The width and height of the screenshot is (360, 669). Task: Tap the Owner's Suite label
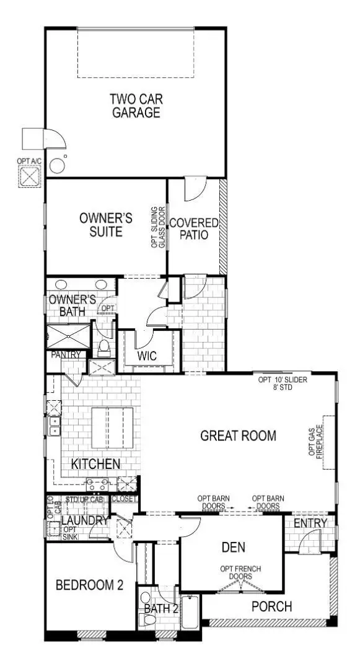[107, 225]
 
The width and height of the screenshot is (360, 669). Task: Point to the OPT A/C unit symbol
[29, 176]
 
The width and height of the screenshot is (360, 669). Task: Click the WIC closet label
[147, 356]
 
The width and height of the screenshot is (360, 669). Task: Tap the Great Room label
[239, 435]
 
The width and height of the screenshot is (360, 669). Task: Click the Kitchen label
[95, 464]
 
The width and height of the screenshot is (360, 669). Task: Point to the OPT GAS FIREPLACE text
[316, 441]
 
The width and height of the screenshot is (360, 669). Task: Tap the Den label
[233, 547]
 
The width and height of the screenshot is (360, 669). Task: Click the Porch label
[271, 606]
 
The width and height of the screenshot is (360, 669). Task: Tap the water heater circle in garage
[58, 165]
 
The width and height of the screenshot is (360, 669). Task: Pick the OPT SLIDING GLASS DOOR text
[159, 227]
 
